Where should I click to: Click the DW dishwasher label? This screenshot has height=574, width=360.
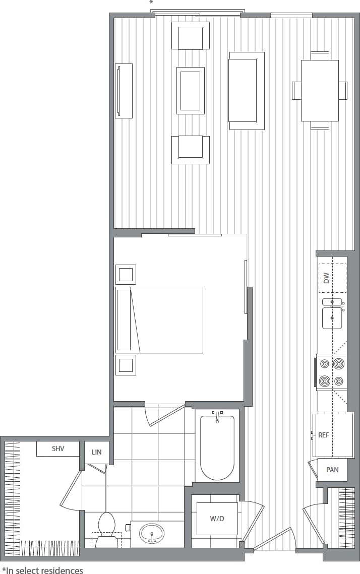pyautogui.click(x=326, y=278)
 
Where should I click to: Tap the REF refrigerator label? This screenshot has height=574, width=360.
pyautogui.click(x=324, y=435)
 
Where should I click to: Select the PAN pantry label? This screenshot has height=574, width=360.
pyautogui.click(x=332, y=470)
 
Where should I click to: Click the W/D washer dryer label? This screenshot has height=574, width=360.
pyautogui.click(x=217, y=519)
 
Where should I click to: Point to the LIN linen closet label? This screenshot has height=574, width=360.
pyautogui.click(x=96, y=452)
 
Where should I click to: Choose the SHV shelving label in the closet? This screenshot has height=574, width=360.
pyautogui.click(x=58, y=448)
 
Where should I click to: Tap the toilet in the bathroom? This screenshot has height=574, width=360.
pyautogui.click(x=107, y=529)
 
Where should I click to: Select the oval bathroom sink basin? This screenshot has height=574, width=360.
pyautogui.click(x=152, y=533)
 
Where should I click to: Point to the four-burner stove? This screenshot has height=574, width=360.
pyautogui.click(x=331, y=372)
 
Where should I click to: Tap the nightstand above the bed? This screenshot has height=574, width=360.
pyautogui.click(x=126, y=275)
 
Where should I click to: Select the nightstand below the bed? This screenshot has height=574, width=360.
pyautogui.click(x=126, y=365)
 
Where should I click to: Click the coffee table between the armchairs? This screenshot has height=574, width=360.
pyautogui.click(x=191, y=91)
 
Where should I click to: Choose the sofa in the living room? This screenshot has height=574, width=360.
pyautogui.click(x=247, y=91)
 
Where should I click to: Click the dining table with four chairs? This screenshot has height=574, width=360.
pyautogui.click(x=320, y=91)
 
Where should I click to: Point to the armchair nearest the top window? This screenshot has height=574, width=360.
pyautogui.click(x=191, y=36)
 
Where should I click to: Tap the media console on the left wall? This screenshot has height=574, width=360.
pyautogui.click(x=124, y=91)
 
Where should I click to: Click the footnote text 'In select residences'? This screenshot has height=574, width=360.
pyautogui.click(x=44, y=570)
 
